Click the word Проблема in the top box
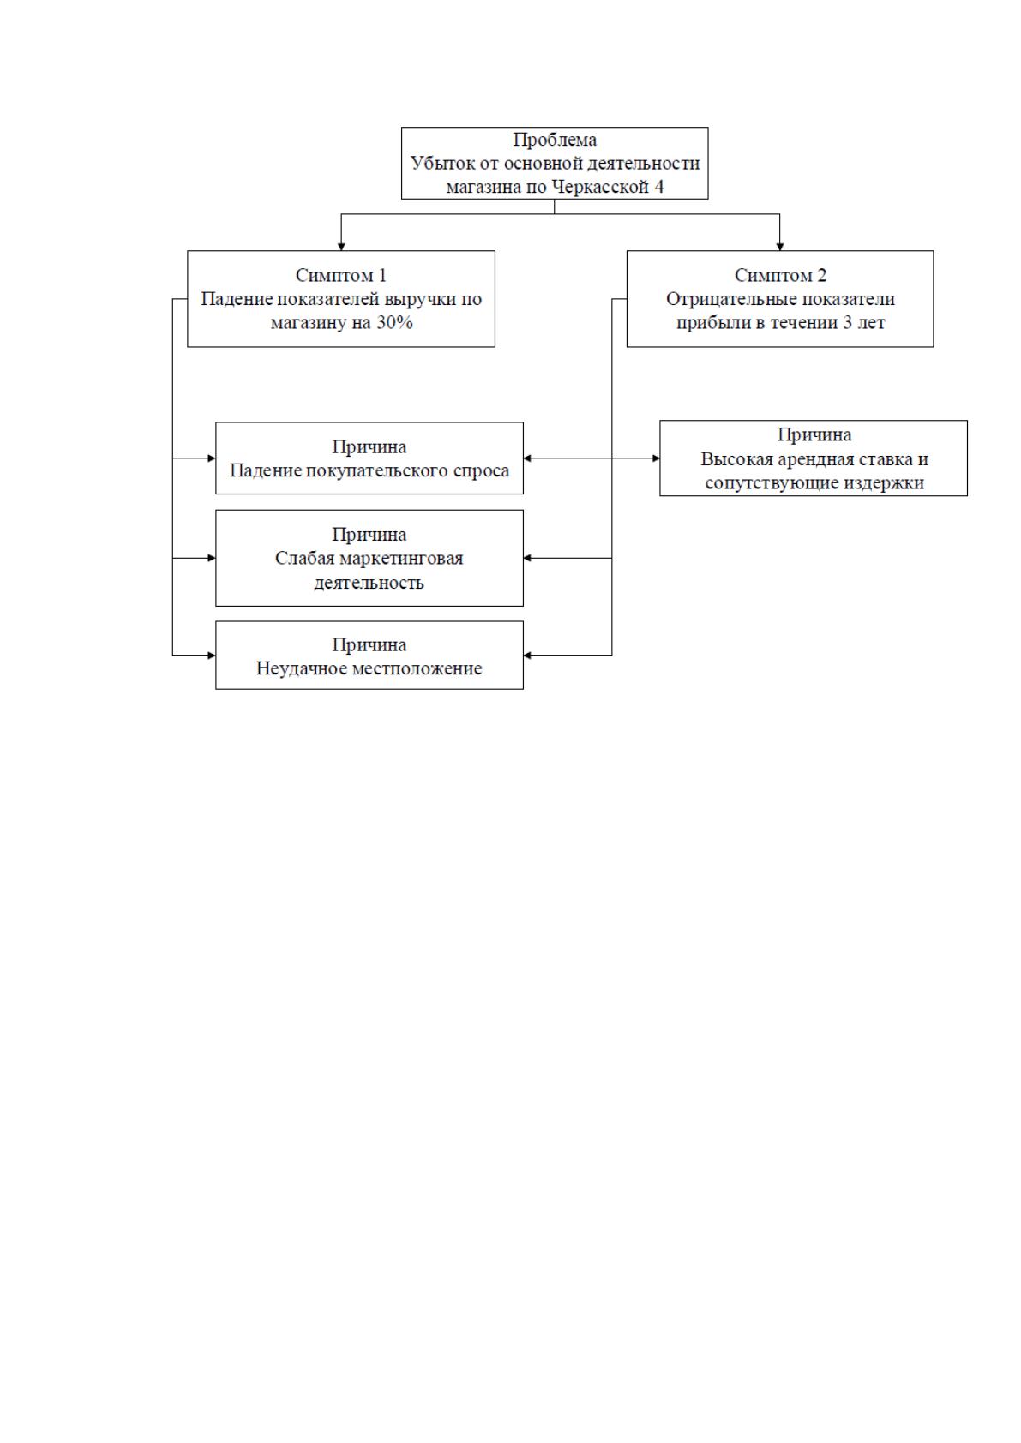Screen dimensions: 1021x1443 [x=555, y=140]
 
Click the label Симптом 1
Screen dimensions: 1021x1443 [x=341, y=276]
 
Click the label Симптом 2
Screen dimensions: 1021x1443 [x=780, y=276]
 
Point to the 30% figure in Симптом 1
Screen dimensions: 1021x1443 [x=394, y=323]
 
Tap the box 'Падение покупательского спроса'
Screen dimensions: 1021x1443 [x=369, y=458]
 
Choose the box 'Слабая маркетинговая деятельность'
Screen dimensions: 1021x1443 [x=369, y=558]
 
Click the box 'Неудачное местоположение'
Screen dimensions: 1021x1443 [x=369, y=656]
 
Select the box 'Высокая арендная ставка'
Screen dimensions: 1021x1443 [x=814, y=458]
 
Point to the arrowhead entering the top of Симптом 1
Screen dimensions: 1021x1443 [x=342, y=247]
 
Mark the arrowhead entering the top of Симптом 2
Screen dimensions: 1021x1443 [x=780, y=247]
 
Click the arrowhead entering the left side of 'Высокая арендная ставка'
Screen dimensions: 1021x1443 [x=656, y=458]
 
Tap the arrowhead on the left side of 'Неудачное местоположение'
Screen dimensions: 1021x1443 [x=212, y=656]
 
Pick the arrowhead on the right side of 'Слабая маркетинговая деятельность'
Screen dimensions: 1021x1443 [x=527, y=558]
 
